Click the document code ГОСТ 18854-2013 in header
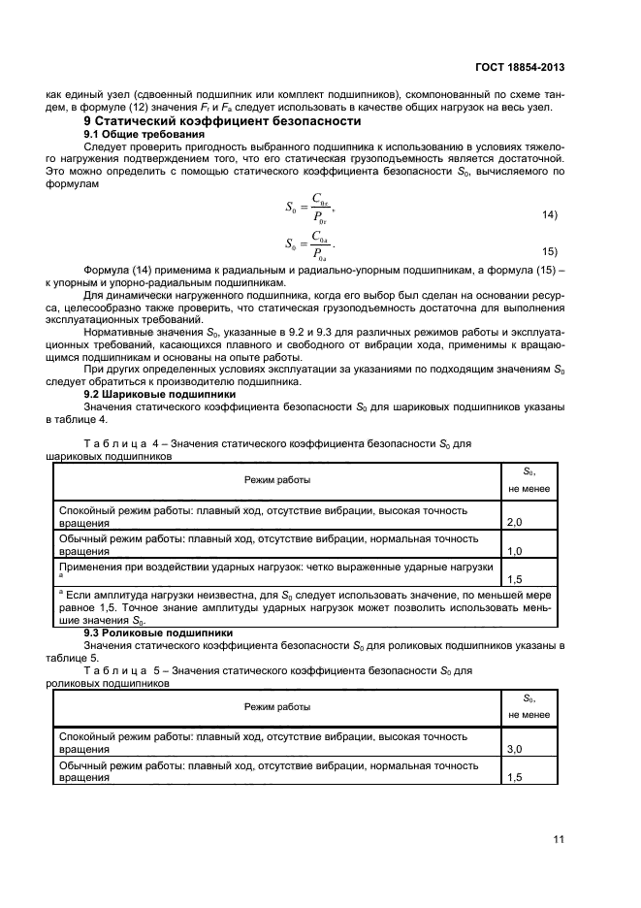point(519,68)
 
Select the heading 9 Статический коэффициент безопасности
point(222,121)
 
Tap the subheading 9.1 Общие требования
point(144,133)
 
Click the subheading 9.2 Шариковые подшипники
point(159,395)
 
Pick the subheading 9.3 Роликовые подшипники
point(159,632)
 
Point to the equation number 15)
point(549,249)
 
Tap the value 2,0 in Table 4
point(515,522)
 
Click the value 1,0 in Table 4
point(515,550)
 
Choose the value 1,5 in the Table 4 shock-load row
point(515,578)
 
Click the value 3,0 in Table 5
point(515,750)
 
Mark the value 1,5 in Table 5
point(515,778)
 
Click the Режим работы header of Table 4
point(276,480)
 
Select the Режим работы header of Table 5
point(276,707)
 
